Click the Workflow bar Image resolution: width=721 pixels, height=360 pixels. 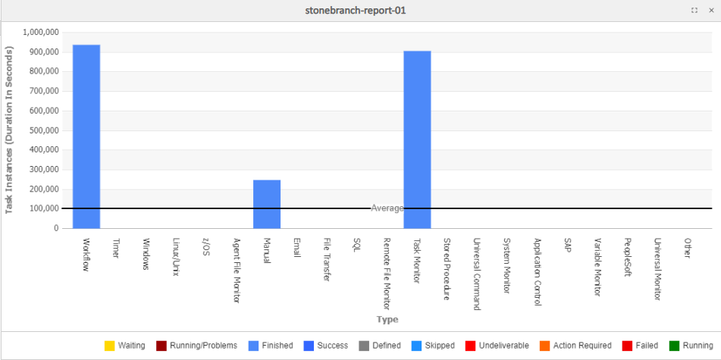(x=86, y=136)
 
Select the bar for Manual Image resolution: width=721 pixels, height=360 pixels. (x=267, y=204)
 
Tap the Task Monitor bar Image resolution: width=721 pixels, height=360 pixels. (x=417, y=139)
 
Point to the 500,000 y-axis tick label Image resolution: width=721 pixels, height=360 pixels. (x=41, y=130)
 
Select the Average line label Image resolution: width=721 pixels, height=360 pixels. (x=387, y=208)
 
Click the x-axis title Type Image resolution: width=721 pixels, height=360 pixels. (x=387, y=320)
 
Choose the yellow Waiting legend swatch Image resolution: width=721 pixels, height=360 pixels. (x=110, y=346)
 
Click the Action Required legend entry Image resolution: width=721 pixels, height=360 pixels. (x=577, y=346)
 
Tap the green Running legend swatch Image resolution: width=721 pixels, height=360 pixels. (x=674, y=346)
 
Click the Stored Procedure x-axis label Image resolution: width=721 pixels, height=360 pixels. (x=447, y=269)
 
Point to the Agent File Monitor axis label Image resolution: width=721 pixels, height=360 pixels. (x=237, y=271)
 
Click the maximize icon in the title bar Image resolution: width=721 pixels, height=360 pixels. (x=694, y=11)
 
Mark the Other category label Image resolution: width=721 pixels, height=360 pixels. (x=688, y=249)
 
